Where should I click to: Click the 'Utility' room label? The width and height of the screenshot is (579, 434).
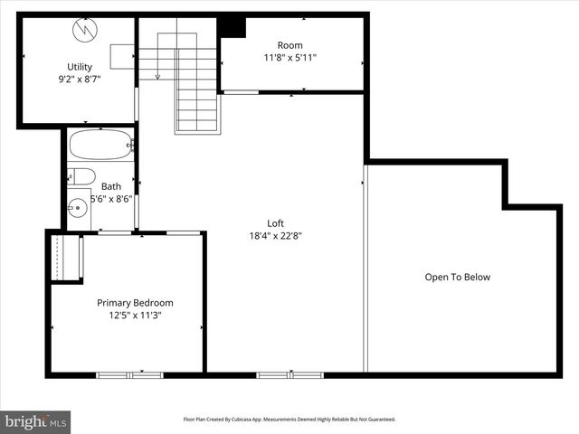tap(80, 66)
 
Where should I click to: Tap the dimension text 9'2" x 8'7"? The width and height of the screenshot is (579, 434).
tap(80, 79)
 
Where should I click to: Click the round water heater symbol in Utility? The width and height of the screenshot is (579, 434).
tap(83, 29)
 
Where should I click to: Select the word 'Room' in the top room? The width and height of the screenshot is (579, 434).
tap(289, 45)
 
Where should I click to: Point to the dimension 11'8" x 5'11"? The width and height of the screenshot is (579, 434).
tap(289, 58)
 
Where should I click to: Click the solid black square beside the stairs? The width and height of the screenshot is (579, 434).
tap(233, 26)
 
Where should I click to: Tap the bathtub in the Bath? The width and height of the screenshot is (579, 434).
tap(100, 145)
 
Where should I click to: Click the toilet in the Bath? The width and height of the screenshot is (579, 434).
tap(81, 176)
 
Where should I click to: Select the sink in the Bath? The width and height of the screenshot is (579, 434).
tap(78, 208)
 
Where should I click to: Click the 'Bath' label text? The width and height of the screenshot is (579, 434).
tap(111, 187)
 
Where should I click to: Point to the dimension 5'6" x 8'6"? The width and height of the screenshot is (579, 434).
tap(111, 199)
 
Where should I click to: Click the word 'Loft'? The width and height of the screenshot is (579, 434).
tap(276, 223)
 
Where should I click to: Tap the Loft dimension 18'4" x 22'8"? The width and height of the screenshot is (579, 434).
tap(276, 236)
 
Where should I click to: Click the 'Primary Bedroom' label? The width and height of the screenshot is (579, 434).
tap(135, 303)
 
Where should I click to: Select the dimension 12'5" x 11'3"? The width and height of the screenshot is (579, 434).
tap(135, 316)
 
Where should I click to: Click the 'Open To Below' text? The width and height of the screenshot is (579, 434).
tap(457, 278)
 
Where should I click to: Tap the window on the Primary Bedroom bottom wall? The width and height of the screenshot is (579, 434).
tap(129, 374)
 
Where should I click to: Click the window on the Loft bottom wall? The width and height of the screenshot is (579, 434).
tap(289, 374)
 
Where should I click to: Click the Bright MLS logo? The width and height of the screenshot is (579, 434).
tap(36, 421)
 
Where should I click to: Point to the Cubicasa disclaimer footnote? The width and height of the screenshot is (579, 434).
tap(289, 420)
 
